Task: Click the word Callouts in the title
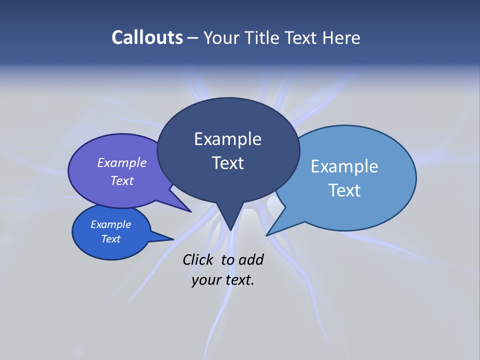[x=147, y=37]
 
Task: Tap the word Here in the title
[x=341, y=37]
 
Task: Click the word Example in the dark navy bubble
[x=227, y=139]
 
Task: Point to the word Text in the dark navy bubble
[x=227, y=163]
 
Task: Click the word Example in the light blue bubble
[x=344, y=166]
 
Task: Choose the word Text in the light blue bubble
[x=344, y=190]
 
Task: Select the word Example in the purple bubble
[x=122, y=162]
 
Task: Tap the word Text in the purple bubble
[x=122, y=180]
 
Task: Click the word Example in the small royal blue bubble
[x=111, y=224]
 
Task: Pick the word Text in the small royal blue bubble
[x=111, y=239]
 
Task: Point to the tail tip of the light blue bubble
[x=268, y=234]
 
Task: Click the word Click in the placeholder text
[x=197, y=259]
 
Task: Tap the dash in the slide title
[x=193, y=37]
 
